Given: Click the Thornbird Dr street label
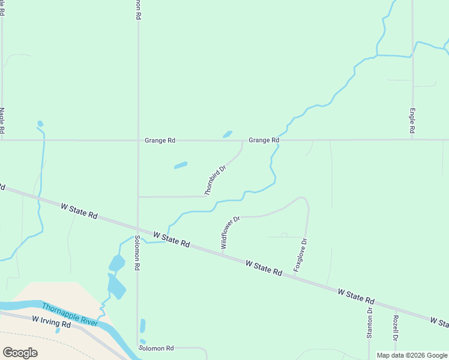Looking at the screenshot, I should (215, 181).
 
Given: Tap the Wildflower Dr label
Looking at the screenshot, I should (230, 233).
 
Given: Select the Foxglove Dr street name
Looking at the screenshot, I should (300, 256).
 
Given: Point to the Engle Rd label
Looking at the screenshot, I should (412, 121).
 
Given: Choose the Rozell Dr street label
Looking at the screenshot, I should (396, 329).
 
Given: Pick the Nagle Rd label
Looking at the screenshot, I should (2, 121).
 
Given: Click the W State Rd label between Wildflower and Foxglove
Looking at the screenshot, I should (264, 268).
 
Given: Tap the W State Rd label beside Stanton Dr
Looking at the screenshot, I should (356, 296).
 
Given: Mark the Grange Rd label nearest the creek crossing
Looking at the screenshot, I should (264, 140).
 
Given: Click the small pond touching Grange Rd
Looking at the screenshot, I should (228, 134).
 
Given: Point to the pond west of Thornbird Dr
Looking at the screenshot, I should (181, 165).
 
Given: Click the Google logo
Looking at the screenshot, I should (20, 353).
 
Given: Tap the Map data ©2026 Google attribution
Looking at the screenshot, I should (412, 355).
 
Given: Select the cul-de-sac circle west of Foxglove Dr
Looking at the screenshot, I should (284, 235).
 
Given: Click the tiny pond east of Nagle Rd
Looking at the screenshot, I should (40, 124).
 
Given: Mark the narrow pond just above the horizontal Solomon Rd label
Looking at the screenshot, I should (143, 326).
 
